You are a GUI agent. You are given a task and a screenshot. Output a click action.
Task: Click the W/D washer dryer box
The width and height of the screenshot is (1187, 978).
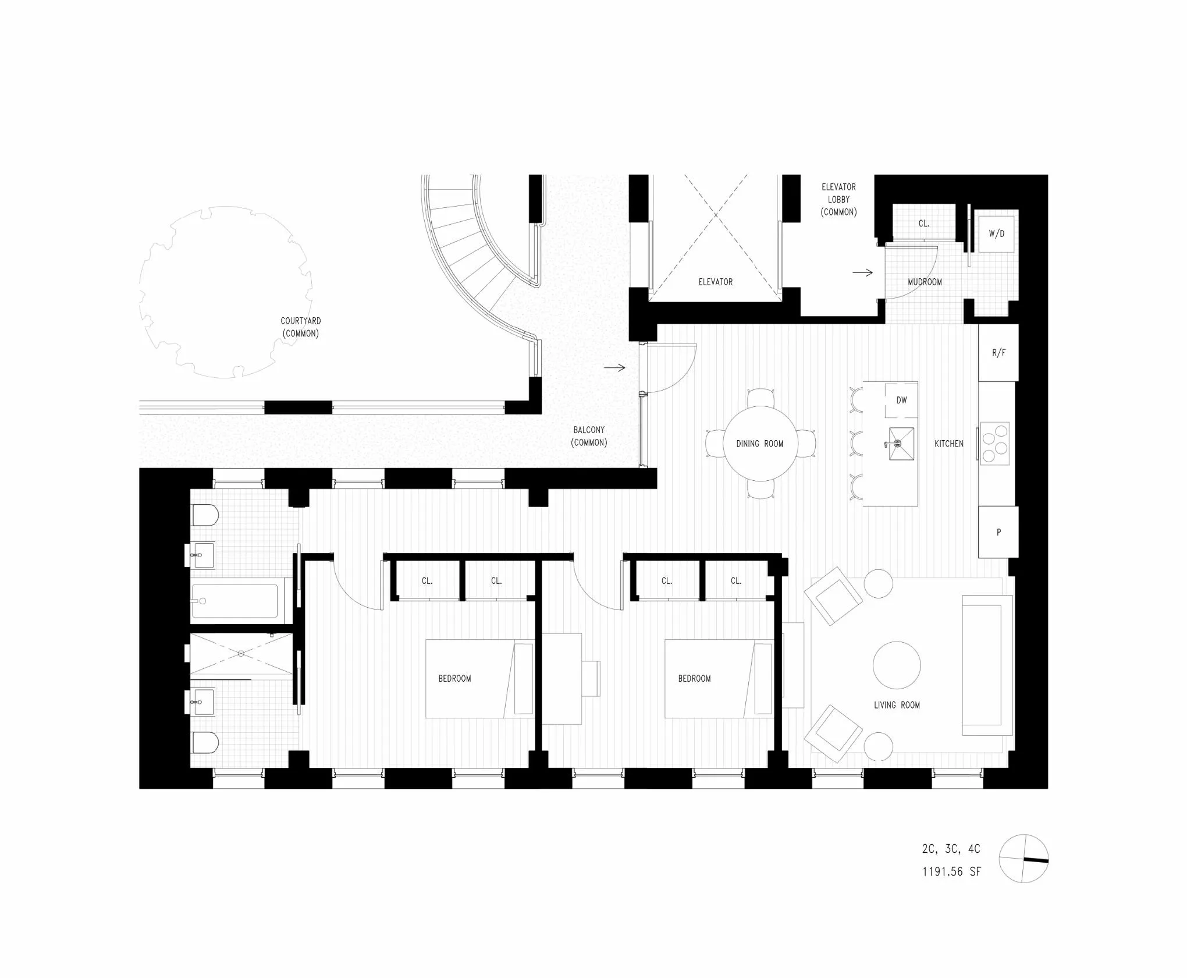[x=996, y=233]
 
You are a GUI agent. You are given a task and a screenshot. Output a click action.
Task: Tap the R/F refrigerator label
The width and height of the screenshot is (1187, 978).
[x=998, y=353]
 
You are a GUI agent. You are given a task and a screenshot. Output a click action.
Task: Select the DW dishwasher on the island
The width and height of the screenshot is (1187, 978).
[x=901, y=400]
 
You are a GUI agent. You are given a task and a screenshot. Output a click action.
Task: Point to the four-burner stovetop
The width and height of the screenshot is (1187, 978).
[x=995, y=444]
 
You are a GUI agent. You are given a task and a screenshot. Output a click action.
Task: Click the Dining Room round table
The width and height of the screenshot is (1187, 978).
[x=759, y=444]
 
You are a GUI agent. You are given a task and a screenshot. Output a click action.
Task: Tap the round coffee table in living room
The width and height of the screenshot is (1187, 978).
[x=897, y=665]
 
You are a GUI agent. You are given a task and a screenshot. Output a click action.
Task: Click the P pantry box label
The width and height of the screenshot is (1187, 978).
[x=998, y=532]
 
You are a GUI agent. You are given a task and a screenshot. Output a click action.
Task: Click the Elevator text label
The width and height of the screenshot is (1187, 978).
[x=715, y=282]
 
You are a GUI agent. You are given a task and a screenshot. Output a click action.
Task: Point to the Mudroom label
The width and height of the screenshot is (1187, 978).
[x=925, y=282]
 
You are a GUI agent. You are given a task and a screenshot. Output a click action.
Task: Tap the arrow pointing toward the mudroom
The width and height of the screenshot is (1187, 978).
[x=862, y=272]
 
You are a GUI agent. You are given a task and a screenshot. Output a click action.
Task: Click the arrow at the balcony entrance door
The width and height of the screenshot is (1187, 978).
[x=614, y=367]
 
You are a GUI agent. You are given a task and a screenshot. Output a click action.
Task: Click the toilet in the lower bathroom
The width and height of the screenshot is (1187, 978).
[x=205, y=742]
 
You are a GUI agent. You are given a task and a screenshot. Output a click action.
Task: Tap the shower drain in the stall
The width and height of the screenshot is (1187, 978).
[x=241, y=654]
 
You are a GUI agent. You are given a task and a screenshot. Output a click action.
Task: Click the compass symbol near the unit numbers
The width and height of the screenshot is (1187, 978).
[x=1023, y=859]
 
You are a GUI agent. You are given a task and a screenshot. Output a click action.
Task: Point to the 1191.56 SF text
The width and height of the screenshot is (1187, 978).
[x=951, y=871]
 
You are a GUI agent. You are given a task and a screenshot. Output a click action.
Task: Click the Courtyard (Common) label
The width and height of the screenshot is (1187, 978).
[x=300, y=327]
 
